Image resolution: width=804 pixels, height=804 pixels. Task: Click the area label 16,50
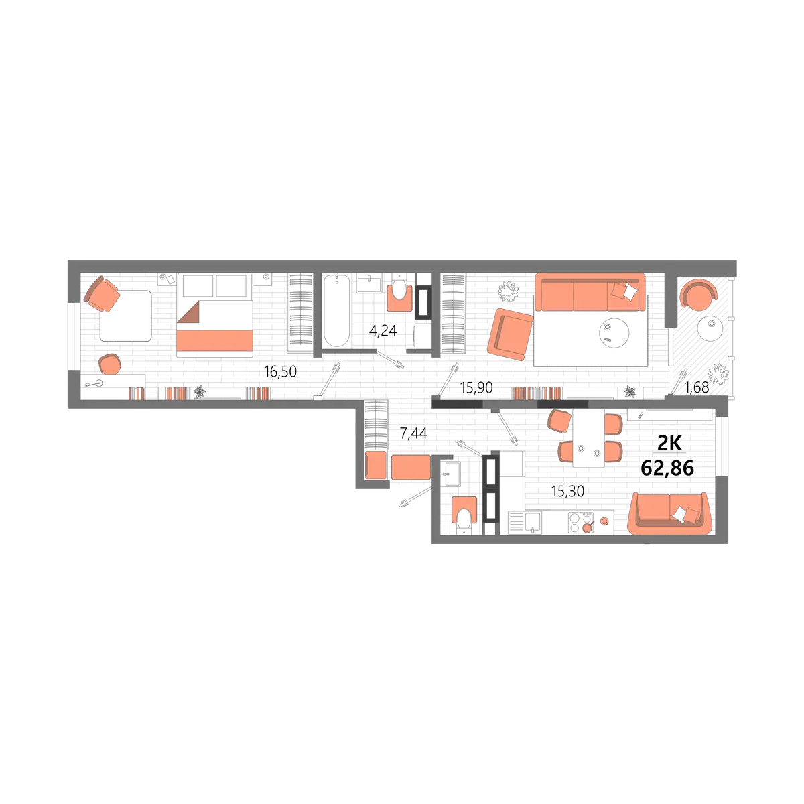coord(280,371)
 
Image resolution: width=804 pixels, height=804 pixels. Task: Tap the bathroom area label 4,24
coord(383,331)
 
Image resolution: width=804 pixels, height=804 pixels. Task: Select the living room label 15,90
coord(476,388)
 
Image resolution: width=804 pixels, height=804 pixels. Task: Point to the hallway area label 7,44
coord(413,433)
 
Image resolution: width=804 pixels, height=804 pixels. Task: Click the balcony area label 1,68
coord(696,388)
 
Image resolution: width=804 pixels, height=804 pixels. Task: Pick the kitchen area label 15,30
coord(567,492)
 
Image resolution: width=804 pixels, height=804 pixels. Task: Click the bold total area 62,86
coord(667,468)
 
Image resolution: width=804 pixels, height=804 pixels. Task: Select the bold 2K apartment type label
coord(669,444)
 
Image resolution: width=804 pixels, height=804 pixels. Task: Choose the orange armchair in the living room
coord(511,334)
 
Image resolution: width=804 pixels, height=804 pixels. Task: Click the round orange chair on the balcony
coord(698,293)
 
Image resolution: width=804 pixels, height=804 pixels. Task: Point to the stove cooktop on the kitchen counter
coord(581,523)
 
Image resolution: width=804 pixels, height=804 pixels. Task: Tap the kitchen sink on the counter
coord(525,523)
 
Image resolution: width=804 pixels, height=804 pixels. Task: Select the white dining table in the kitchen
coord(588,438)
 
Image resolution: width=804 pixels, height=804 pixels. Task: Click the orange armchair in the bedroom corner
coord(103,293)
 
